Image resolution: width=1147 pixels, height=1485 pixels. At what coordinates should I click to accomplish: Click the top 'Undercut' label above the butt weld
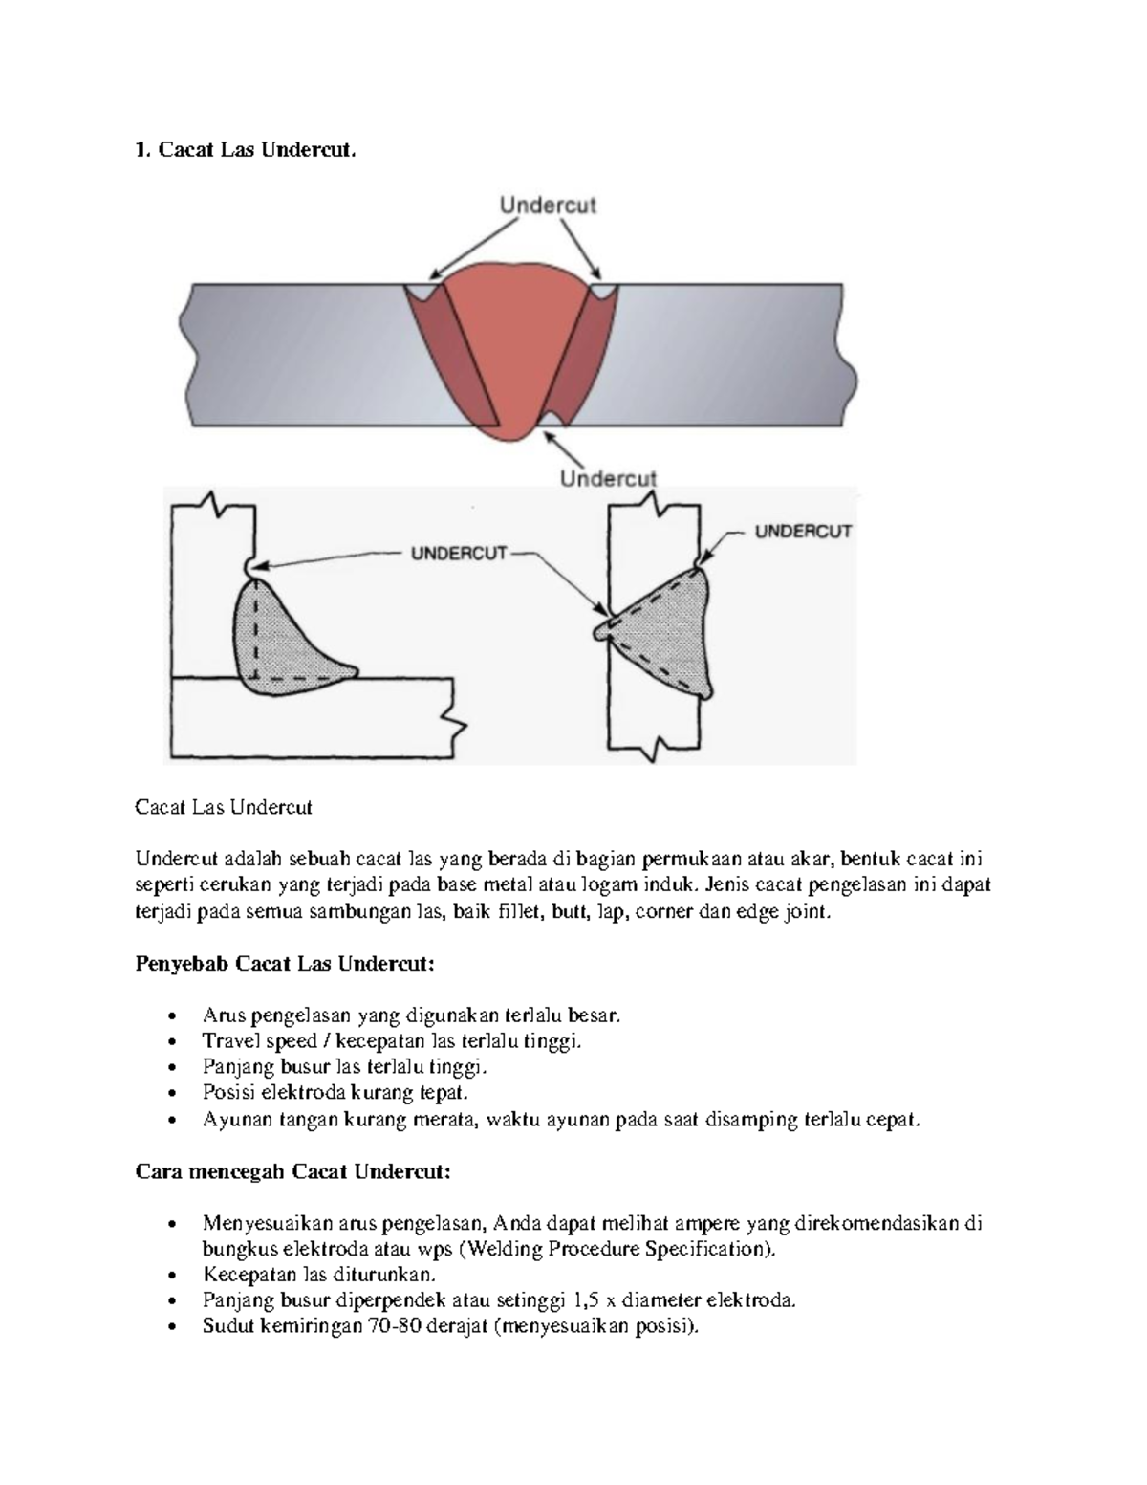(548, 205)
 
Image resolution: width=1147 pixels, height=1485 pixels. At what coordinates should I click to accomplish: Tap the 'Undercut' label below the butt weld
(608, 478)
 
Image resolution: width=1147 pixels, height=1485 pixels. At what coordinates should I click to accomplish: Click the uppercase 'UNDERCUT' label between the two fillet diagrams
(459, 553)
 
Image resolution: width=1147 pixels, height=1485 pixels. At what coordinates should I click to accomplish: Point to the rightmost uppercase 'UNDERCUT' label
(803, 531)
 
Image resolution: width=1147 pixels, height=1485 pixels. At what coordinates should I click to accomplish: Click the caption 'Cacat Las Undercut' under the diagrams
(224, 807)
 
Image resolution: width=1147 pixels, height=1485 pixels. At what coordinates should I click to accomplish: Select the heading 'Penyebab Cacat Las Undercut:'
(285, 963)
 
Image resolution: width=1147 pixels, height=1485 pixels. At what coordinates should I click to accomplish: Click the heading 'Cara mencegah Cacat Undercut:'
(293, 1171)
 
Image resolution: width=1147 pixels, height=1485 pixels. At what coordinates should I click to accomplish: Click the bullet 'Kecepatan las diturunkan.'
(319, 1275)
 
